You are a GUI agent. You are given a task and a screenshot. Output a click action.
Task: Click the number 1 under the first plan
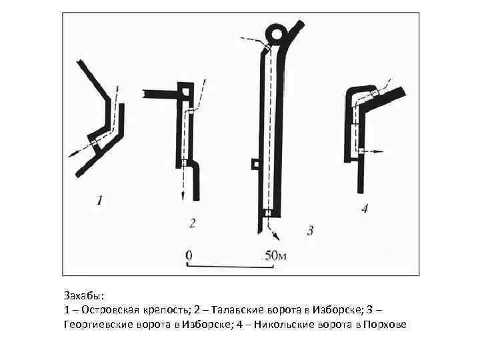tap(99, 199)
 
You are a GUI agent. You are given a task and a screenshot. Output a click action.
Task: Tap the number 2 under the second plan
tap(192, 223)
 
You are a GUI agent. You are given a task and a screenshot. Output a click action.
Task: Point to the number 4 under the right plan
tap(363, 209)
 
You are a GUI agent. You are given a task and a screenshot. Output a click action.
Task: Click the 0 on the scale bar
tap(189, 254)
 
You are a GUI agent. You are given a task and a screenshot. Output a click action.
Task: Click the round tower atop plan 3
tap(276, 32)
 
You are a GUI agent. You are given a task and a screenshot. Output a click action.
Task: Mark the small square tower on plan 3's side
tap(254, 163)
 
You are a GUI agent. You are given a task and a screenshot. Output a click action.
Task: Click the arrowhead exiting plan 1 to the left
tap(71, 155)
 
